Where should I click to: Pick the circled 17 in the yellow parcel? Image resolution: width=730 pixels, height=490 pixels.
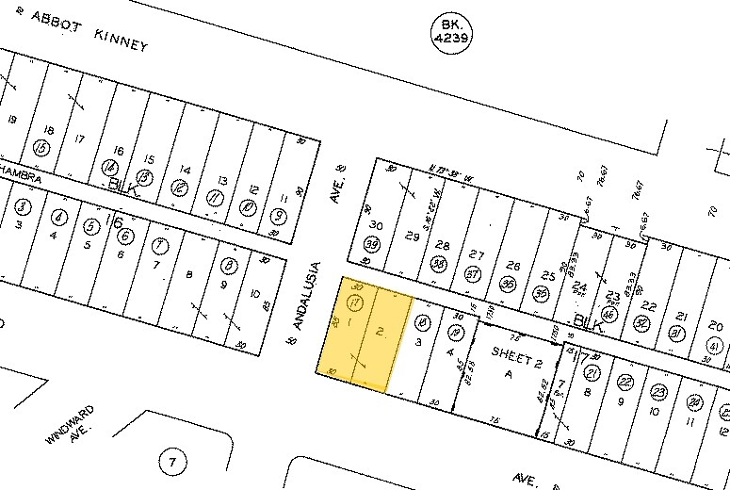point(355,302)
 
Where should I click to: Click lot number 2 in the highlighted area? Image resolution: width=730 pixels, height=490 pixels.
point(380,331)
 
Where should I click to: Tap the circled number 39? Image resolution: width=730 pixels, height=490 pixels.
point(372,245)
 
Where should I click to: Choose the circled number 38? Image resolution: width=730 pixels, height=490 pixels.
point(438,264)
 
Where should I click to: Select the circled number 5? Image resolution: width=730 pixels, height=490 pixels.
point(90,226)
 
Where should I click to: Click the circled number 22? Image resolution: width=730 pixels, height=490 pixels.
point(625,382)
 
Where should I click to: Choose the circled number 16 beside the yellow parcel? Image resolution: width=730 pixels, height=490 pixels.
point(423,323)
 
